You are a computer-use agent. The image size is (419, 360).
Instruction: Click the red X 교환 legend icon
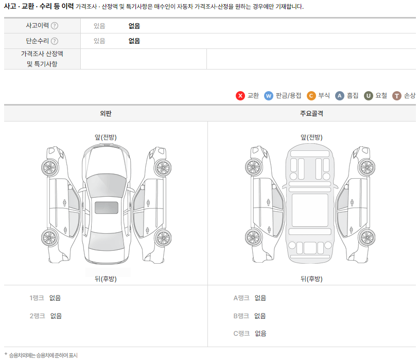[x=240, y=96]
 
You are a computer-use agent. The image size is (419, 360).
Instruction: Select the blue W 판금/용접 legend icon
[x=268, y=96]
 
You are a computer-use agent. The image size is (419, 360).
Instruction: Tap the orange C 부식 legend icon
[x=311, y=96]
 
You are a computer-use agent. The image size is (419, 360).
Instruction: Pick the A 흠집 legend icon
[x=339, y=96]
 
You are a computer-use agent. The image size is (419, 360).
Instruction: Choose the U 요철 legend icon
[x=369, y=96]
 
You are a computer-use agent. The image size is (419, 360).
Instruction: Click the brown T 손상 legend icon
[x=397, y=96]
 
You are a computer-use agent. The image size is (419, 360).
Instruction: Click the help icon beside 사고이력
[x=55, y=26]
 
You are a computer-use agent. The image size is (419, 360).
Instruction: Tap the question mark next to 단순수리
[x=55, y=41]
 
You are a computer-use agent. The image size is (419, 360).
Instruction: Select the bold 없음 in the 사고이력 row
[x=134, y=26]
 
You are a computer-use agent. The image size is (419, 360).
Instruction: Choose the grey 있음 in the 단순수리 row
[x=99, y=41]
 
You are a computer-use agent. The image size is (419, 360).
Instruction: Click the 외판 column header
[x=106, y=113]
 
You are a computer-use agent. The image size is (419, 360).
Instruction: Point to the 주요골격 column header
[x=311, y=113]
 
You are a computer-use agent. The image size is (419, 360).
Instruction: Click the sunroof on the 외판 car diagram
[x=106, y=208]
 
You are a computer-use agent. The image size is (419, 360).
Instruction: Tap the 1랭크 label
[x=37, y=298]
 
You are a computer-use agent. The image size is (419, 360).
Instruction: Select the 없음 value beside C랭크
[x=260, y=334]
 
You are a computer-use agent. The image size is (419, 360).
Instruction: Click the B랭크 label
[x=241, y=316]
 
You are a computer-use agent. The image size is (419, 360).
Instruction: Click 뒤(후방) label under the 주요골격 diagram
[x=311, y=279]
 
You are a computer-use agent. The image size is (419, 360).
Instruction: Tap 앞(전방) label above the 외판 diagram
[x=106, y=137]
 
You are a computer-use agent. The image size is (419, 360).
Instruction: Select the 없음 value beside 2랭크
[x=56, y=316]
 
